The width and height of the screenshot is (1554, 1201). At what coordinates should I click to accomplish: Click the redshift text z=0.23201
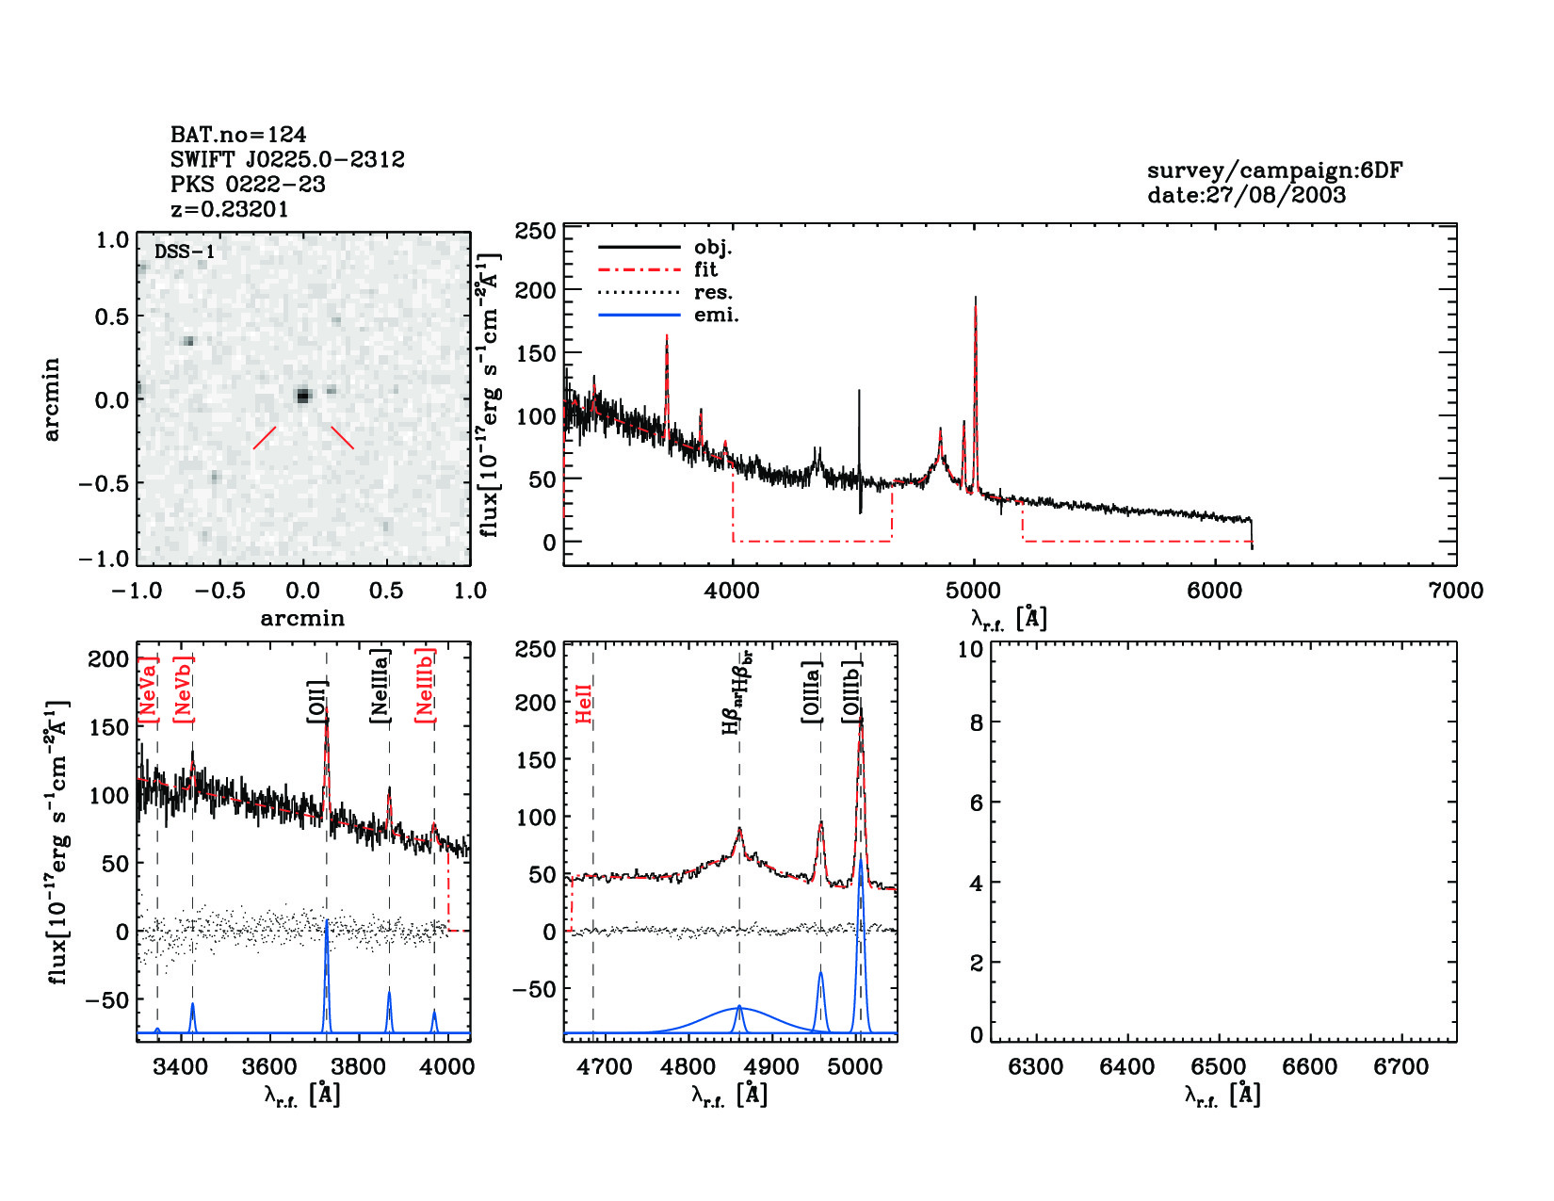(x=229, y=209)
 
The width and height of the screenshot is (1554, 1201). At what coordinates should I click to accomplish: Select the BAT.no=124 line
(x=238, y=135)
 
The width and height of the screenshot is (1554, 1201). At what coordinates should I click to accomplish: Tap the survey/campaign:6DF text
(x=1274, y=170)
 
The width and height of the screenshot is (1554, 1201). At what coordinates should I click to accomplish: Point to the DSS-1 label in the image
(x=185, y=252)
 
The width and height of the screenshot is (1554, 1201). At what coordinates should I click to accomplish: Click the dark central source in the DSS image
(x=302, y=396)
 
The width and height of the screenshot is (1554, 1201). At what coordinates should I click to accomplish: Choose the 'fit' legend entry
(x=705, y=269)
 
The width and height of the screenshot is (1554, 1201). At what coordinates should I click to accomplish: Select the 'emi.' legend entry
(x=716, y=315)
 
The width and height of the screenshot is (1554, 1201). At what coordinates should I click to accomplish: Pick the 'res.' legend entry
(x=713, y=292)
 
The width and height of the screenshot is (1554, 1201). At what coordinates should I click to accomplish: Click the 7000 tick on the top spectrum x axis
(x=1455, y=591)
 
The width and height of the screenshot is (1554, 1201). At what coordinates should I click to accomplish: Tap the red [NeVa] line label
(x=148, y=690)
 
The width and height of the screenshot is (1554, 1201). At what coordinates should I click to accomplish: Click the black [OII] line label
(x=316, y=702)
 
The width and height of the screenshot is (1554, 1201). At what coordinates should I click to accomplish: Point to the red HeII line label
(x=584, y=704)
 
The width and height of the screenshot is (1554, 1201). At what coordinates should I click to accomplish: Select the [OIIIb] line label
(x=852, y=690)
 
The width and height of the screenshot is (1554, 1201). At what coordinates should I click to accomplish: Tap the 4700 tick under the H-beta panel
(x=604, y=1066)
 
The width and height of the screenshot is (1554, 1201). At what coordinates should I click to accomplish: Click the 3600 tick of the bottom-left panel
(x=269, y=1066)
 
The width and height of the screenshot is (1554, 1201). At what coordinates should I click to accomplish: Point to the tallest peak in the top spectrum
(x=975, y=300)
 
